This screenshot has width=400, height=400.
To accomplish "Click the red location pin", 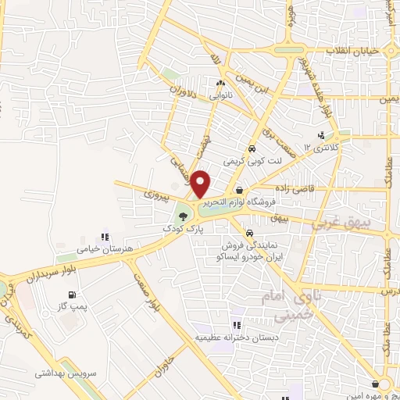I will point(201,184).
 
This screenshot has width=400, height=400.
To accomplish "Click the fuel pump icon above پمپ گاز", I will point(73,295).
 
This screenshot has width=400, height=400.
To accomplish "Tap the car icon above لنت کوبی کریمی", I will point(252,148).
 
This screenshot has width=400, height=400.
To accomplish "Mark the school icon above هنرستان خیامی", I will point(105,237).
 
